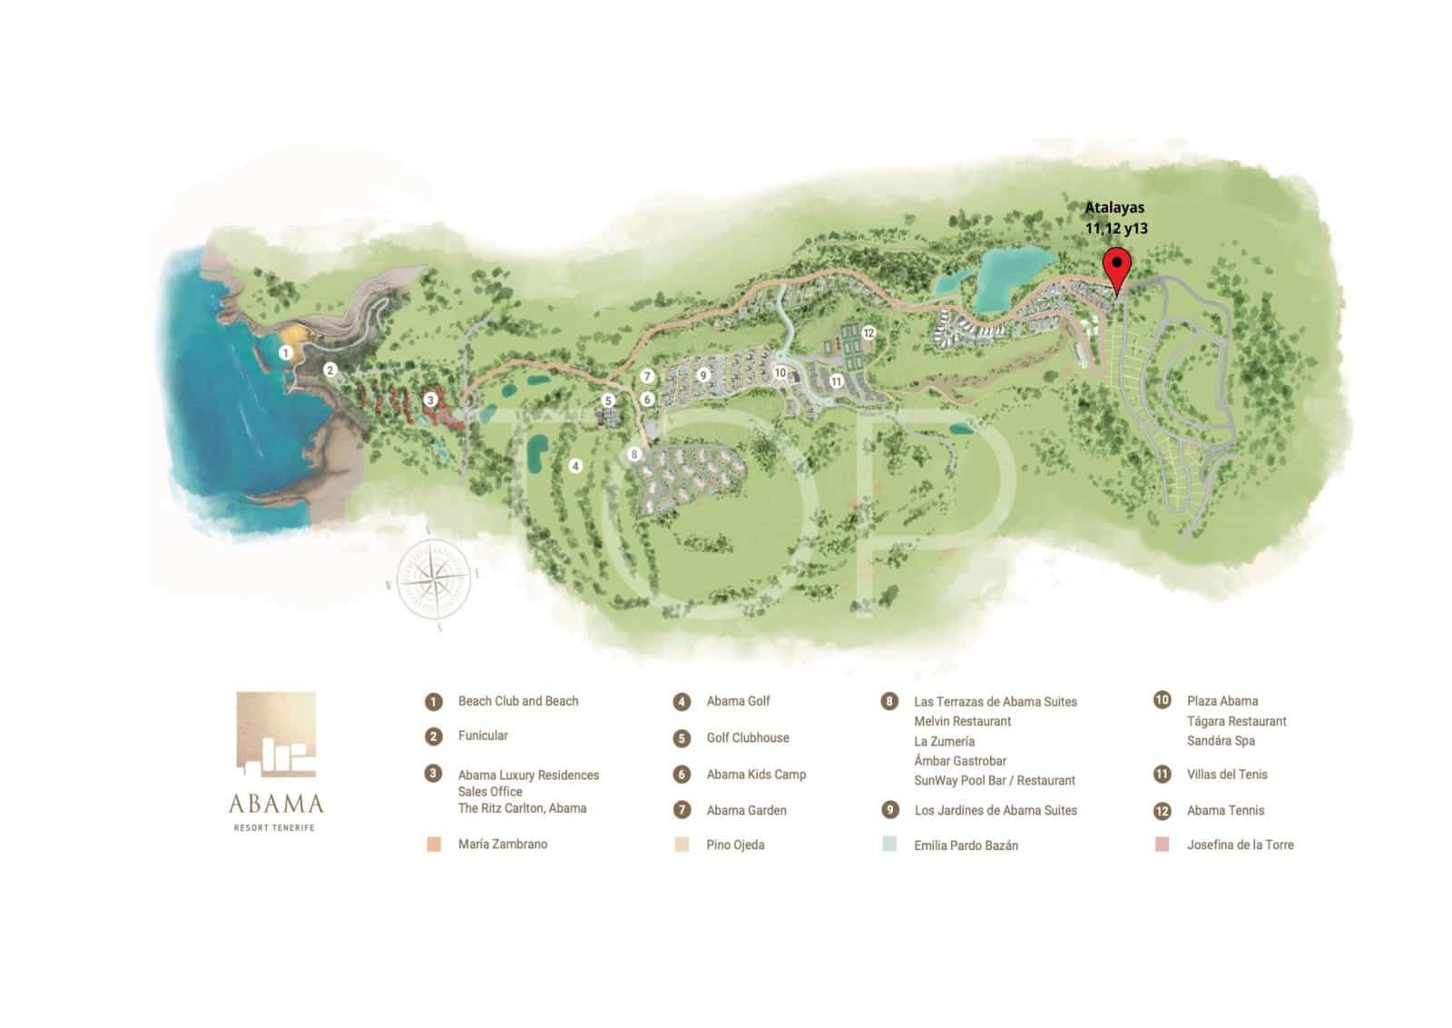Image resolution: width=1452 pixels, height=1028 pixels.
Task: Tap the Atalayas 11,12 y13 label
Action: pyautogui.click(x=1115, y=218)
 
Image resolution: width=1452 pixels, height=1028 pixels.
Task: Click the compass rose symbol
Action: pyautogui.click(x=436, y=579)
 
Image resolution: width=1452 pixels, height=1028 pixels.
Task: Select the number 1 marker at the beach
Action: pyautogui.click(x=286, y=352)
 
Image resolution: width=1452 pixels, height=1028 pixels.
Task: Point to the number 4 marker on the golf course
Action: pyautogui.click(x=575, y=466)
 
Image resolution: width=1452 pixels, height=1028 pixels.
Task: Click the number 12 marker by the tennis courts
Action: pyautogui.click(x=868, y=333)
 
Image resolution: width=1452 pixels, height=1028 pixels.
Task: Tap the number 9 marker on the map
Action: pyautogui.click(x=702, y=374)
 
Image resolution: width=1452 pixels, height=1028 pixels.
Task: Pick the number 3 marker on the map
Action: pyautogui.click(x=431, y=399)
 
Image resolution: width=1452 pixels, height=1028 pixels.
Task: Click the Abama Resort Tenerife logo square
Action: pyautogui.click(x=276, y=734)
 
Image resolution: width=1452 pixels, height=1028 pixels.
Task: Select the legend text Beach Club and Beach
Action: pyautogui.click(x=517, y=701)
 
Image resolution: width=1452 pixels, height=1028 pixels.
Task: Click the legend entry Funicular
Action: pyautogui.click(x=483, y=736)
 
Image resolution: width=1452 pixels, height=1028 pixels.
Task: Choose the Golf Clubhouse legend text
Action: pyautogui.click(x=748, y=738)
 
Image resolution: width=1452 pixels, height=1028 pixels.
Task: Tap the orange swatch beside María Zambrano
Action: pyautogui.click(x=434, y=845)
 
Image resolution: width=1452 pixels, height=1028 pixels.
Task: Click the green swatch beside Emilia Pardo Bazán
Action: pyautogui.click(x=889, y=845)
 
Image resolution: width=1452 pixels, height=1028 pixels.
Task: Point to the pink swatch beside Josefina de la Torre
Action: pyautogui.click(x=1162, y=845)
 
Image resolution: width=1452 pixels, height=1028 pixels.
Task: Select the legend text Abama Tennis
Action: pyautogui.click(x=1225, y=810)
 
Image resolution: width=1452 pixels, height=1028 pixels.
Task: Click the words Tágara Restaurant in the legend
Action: pyautogui.click(x=1236, y=721)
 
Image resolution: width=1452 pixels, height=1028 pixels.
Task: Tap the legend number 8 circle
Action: pyautogui.click(x=889, y=701)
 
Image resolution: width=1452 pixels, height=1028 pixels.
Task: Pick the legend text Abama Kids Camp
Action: pyautogui.click(x=756, y=775)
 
